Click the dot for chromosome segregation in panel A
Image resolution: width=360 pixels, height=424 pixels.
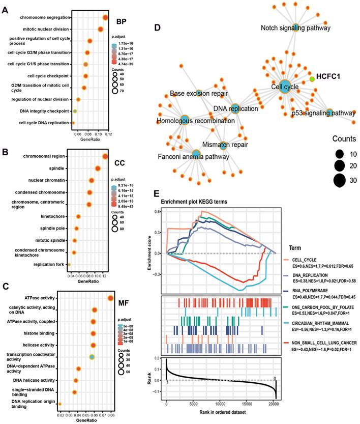105,18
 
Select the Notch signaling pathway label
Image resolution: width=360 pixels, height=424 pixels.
295,27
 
